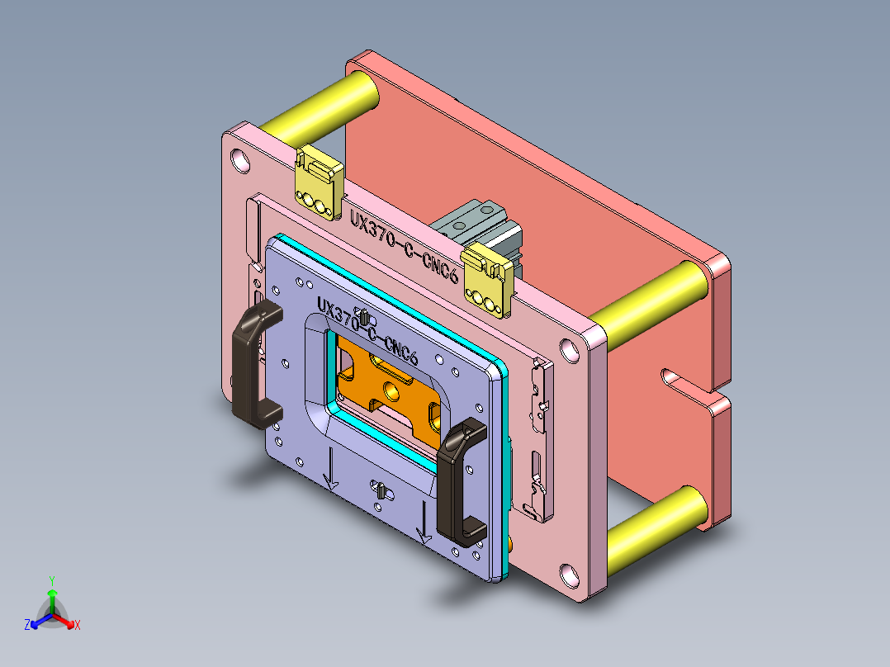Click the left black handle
coord(250,363)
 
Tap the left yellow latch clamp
coord(319,184)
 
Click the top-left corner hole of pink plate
coord(240,158)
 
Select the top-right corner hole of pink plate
coord(570,349)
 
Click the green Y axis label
coord(51,579)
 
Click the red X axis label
coord(78,626)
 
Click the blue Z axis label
coord(27,626)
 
